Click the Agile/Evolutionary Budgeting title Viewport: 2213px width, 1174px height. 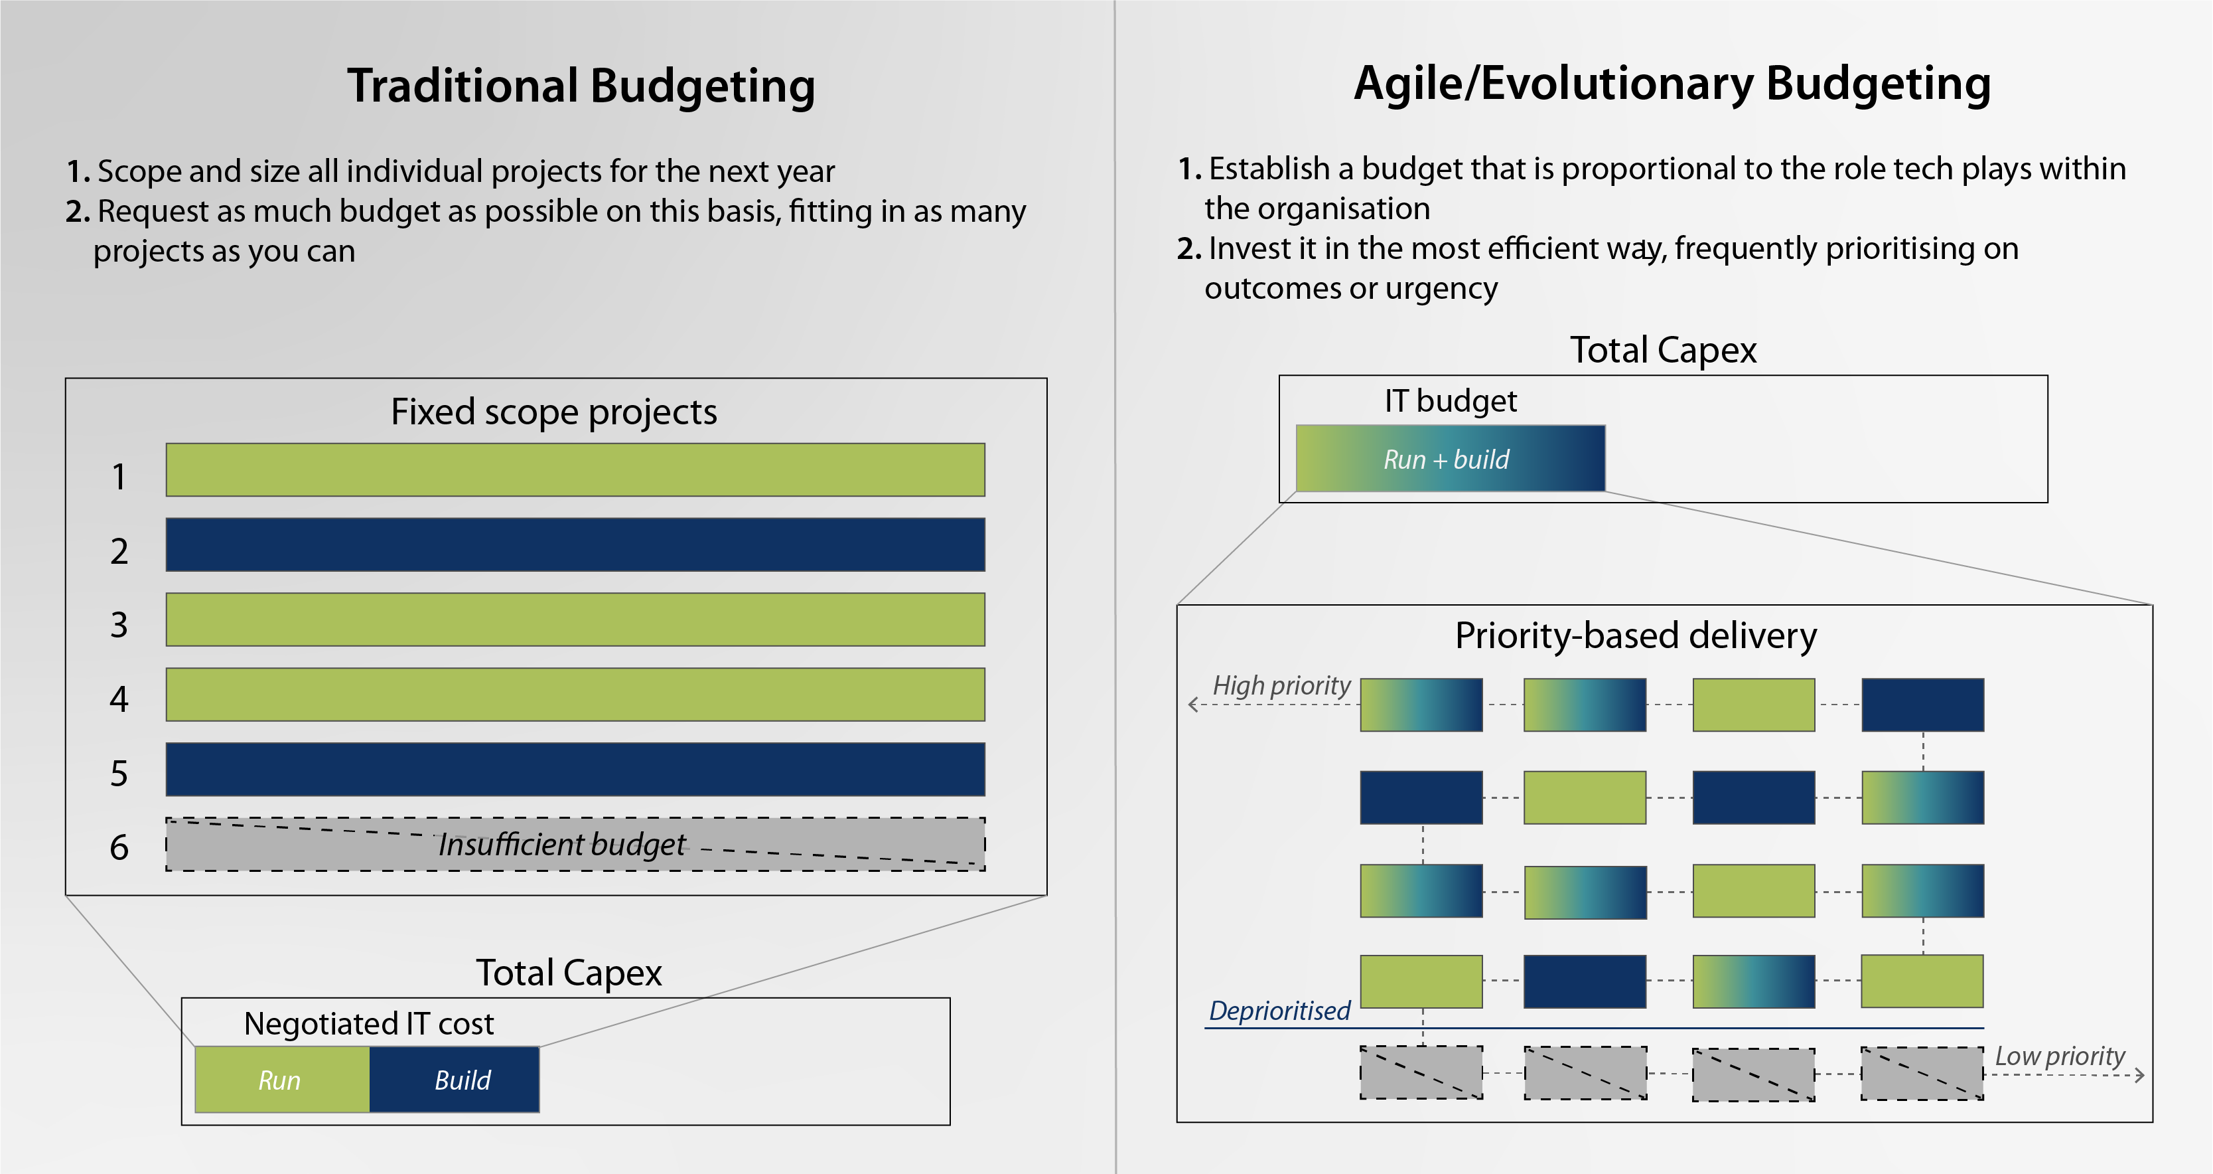(1672, 84)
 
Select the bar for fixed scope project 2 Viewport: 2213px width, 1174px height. (575, 544)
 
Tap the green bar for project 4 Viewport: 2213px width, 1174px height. (575, 695)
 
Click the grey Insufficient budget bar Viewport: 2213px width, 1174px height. (575, 844)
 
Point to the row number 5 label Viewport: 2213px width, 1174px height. (119, 774)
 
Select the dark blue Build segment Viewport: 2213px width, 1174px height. (455, 1080)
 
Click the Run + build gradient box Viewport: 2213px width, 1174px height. (1449, 459)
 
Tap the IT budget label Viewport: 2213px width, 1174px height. (1450, 401)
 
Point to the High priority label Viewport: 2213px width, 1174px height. (1281, 685)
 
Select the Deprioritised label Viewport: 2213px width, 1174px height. (1279, 1011)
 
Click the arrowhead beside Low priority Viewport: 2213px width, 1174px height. (2140, 1074)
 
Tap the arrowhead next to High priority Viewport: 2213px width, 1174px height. (1192, 705)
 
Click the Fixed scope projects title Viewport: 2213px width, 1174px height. (554, 412)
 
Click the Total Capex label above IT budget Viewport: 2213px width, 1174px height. (1663, 351)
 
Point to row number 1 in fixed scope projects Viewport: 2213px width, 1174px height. (119, 477)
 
